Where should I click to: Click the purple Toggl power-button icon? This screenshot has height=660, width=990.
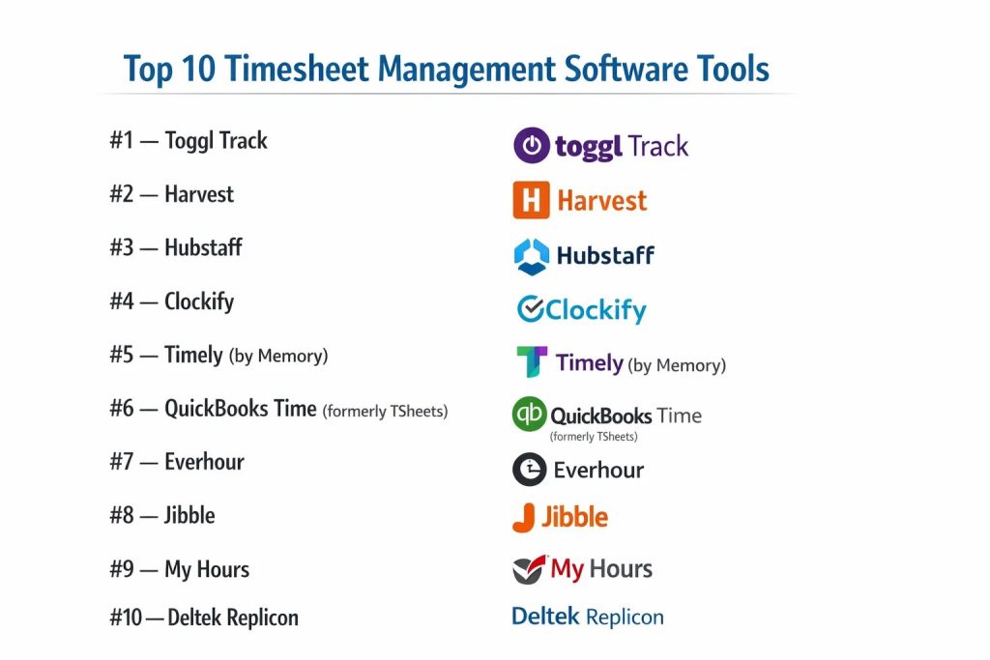coord(532,145)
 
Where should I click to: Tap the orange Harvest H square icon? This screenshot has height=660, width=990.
coord(531,200)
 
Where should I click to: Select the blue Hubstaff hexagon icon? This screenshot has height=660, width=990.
coord(532,256)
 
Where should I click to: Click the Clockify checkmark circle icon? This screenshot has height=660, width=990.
coord(531,308)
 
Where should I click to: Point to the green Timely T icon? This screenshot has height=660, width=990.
coord(532,361)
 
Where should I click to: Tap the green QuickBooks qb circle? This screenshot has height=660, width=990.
coord(529,414)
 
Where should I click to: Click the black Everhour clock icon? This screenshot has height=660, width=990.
coord(529,470)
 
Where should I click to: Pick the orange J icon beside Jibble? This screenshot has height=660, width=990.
coord(524,517)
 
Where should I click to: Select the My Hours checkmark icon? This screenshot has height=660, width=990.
coord(529,569)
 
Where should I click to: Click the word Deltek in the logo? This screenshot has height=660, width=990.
coord(545,616)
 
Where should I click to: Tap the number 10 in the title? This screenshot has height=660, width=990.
coord(198,69)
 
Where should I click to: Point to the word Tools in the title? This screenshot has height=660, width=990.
coord(733,69)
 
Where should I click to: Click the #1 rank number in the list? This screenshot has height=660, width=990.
coord(121,140)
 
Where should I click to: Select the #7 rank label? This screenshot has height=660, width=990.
coord(121,461)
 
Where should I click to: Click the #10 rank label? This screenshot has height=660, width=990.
coord(126,617)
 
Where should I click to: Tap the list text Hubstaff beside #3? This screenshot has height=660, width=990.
coord(203,247)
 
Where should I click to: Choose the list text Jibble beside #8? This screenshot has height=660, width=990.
coord(189,515)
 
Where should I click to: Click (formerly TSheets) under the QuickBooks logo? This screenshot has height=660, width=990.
coord(594,437)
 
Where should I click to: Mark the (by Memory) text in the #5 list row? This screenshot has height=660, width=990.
coord(278,356)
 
